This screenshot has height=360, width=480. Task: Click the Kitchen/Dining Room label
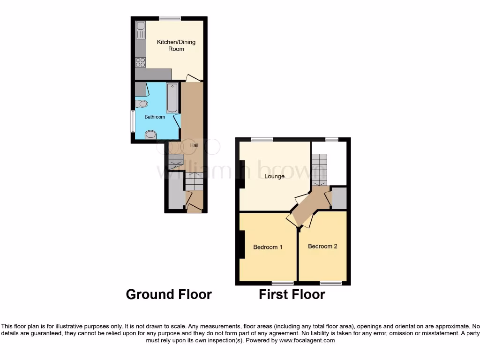[x=176, y=45]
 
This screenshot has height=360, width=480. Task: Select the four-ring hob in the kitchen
[x=140, y=62]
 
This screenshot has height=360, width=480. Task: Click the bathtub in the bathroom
[x=172, y=97]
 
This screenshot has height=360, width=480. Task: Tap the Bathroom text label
[x=154, y=117]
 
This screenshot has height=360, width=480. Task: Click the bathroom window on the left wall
[x=133, y=121]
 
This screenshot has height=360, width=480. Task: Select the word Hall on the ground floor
[x=194, y=145]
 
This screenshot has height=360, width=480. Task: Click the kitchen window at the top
[x=170, y=18]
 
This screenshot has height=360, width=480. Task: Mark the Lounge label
[x=274, y=176]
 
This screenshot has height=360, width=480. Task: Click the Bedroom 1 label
[x=267, y=247]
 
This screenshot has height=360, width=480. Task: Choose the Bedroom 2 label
[x=322, y=246]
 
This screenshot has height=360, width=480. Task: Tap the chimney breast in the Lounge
[x=242, y=174]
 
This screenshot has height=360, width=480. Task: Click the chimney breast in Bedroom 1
[x=242, y=244]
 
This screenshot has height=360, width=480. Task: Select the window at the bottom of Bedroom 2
[x=331, y=283]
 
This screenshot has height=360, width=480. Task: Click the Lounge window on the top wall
[x=262, y=139]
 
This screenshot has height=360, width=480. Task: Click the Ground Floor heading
[x=169, y=294]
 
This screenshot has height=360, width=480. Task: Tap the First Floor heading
[x=292, y=294]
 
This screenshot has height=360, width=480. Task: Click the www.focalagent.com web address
[x=307, y=340]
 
